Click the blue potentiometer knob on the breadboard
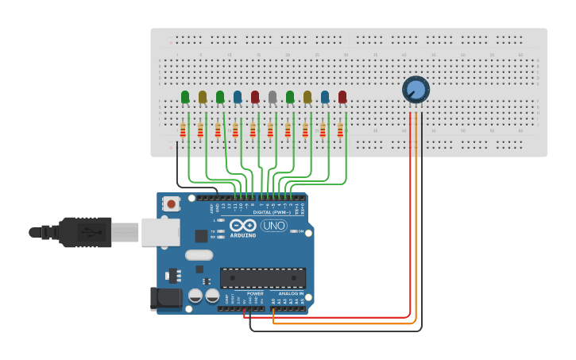point(415,89)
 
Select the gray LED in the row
point(273,97)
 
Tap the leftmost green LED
point(185,97)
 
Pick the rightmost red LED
point(342,97)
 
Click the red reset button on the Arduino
point(171,204)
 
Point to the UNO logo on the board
point(274,226)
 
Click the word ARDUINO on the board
point(243,235)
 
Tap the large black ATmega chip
point(263,277)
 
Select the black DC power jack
point(165,298)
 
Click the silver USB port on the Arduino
point(160,232)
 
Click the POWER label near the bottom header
point(255,293)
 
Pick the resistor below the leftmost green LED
point(183,130)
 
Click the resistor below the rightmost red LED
point(340,130)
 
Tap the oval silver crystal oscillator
point(199,255)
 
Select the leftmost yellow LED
point(203,97)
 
